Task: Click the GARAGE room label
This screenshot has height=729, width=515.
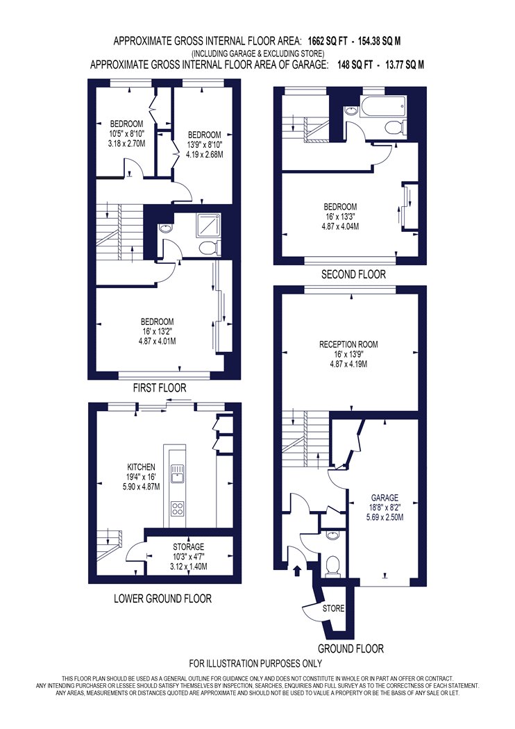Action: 385,498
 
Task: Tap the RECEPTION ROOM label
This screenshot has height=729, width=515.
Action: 348,344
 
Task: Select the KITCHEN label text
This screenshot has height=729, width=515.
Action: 142,467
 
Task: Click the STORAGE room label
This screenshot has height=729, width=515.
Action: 188,547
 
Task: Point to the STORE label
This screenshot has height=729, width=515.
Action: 333,608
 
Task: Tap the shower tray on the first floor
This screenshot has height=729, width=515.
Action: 209,227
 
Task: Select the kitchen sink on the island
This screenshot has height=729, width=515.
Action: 178,475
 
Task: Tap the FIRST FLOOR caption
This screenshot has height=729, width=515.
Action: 160,387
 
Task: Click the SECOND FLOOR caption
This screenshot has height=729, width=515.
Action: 354,274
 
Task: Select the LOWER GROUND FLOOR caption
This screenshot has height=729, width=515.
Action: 162,598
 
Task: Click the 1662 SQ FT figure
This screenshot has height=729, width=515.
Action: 328,41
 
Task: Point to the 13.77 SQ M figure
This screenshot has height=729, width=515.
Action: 405,65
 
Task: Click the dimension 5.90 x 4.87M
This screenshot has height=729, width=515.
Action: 142,487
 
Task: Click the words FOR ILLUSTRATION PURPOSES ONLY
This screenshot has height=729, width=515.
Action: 255,663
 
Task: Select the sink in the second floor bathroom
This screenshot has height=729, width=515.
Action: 351,110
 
